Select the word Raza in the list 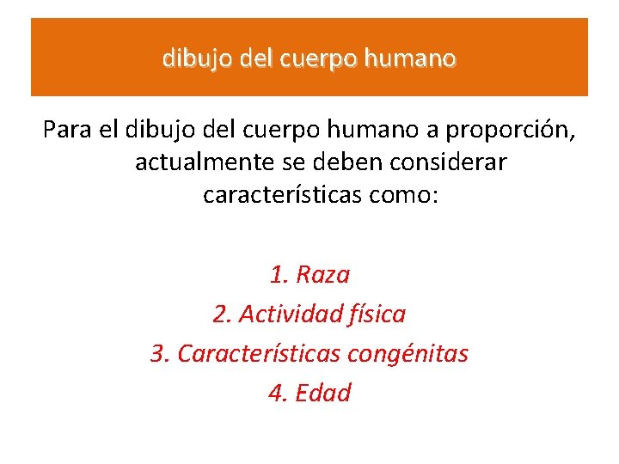(x=322, y=275)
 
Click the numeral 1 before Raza (x=276, y=275)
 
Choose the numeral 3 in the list (x=156, y=353)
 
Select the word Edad (x=322, y=393)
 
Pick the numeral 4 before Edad (x=275, y=393)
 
